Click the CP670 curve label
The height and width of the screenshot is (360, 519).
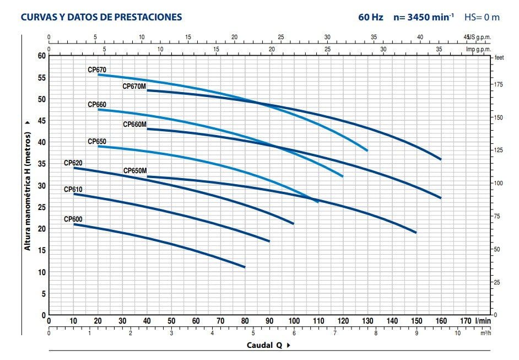click(96, 70)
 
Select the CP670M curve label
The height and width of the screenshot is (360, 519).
click(134, 87)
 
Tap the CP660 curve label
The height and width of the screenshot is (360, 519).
click(96, 105)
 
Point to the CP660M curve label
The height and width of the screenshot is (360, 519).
click(134, 125)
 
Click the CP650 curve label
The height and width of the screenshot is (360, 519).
click(96, 142)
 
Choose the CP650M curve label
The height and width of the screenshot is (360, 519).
click(134, 171)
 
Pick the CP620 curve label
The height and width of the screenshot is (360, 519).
click(73, 163)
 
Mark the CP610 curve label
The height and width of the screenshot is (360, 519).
click(73, 190)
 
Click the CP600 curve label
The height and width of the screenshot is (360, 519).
click(73, 219)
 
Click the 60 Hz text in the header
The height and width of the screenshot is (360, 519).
click(370, 17)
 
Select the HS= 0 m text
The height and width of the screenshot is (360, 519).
click(482, 17)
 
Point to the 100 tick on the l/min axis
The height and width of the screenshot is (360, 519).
click(294, 321)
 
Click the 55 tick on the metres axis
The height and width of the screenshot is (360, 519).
click(41, 77)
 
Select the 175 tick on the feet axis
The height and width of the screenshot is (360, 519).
click(499, 84)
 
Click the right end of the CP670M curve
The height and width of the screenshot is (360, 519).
click(441, 159)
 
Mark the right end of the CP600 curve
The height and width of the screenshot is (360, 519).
click(245, 267)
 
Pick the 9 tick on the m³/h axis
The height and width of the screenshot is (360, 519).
click(417, 332)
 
